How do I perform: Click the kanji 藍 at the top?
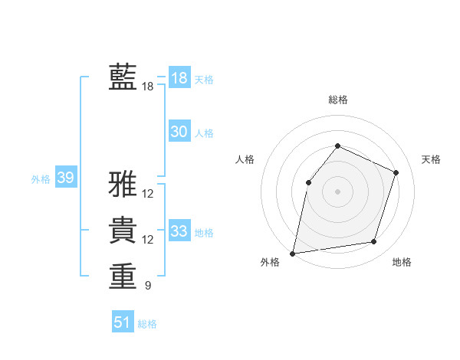coord(123,77)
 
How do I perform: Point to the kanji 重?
coord(123,276)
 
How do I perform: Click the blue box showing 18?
coord(179,78)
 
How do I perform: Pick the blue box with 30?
coord(179,132)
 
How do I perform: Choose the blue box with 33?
coord(179,231)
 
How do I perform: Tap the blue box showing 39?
coord(65,178)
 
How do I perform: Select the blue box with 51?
coord(122,322)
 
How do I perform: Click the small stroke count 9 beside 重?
coord(147,286)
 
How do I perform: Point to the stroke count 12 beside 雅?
coord(147,194)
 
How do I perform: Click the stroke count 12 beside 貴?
coord(147,240)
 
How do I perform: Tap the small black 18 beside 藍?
coord(147,87)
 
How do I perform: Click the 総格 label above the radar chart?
coord(337,100)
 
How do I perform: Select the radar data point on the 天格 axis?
coord(396,172)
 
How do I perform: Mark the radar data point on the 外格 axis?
coord(293,253)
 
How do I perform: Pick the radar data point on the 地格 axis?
coord(374,242)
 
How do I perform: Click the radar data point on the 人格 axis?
coord(308,182)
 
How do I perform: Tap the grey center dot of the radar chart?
coord(337,191)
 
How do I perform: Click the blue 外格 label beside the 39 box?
coord(41,179)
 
